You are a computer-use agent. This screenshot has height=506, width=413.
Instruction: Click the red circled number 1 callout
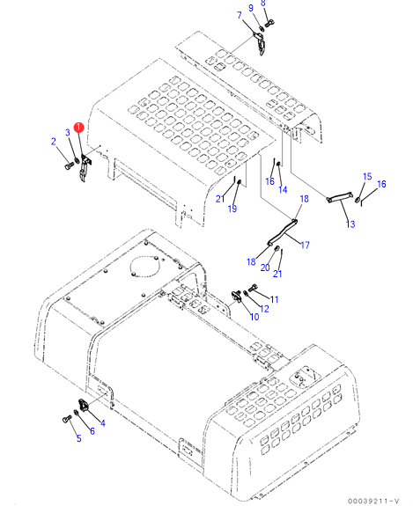click(x=78, y=128)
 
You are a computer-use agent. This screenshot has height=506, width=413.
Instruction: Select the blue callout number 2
click(x=54, y=142)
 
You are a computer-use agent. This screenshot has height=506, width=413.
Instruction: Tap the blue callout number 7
click(x=240, y=15)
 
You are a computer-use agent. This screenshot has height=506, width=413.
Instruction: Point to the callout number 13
click(x=350, y=224)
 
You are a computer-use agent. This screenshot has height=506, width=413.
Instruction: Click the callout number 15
click(x=367, y=177)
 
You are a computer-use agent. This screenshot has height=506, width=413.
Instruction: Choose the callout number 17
click(x=305, y=246)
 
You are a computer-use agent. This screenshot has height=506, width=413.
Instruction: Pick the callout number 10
click(x=254, y=317)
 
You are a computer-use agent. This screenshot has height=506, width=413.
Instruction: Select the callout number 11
click(x=274, y=299)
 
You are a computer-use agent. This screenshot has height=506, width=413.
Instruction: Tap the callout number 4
click(x=103, y=423)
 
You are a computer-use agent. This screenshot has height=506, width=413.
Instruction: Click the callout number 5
click(x=78, y=438)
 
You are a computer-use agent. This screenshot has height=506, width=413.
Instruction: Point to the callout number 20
click(x=265, y=268)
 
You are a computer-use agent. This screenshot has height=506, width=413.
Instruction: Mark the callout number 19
click(x=232, y=209)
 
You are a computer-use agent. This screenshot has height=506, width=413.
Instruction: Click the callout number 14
click(x=283, y=190)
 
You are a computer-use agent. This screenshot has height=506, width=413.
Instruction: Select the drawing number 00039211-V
click(x=373, y=501)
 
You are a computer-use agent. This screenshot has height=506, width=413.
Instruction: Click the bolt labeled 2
click(x=70, y=165)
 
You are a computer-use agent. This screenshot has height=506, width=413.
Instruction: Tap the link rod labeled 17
click(x=282, y=231)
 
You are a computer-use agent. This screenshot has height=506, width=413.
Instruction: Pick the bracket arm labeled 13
click(x=339, y=196)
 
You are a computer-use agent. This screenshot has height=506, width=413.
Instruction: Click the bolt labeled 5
click(x=67, y=419)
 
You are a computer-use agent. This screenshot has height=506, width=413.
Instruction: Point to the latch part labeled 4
click(x=84, y=406)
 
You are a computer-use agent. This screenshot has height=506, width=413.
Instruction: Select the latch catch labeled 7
click(x=261, y=43)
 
